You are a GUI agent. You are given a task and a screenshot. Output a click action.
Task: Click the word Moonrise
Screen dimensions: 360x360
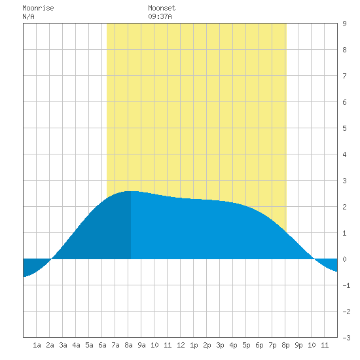[38, 9]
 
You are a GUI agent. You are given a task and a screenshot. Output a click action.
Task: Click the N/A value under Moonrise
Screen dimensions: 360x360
[28, 17]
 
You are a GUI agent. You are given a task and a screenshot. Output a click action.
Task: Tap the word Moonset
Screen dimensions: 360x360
[162, 9]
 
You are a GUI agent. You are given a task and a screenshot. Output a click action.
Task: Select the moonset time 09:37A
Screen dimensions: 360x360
[160, 17]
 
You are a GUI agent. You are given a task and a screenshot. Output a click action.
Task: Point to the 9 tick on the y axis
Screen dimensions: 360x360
[344, 24]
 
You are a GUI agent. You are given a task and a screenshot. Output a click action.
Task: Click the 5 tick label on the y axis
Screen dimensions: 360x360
[344, 128]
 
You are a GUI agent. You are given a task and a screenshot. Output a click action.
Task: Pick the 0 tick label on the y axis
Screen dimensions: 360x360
[344, 259]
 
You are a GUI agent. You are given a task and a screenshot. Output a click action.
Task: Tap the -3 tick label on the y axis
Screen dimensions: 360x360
[346, 338]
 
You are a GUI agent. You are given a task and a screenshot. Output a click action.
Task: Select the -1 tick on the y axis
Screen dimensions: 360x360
[346, 285]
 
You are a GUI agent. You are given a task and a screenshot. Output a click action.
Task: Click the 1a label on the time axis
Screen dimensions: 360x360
[37, 345]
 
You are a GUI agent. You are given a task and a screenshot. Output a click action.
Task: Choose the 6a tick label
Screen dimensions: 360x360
[102, 345]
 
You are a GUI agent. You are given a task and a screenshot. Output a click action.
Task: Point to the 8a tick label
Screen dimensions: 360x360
[128, 345]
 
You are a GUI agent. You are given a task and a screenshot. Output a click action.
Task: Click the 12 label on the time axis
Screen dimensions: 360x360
[181, 345]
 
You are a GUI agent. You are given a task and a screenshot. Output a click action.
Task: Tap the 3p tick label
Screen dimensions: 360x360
[220, 345]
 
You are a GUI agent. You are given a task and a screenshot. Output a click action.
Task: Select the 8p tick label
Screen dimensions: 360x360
[285, 345]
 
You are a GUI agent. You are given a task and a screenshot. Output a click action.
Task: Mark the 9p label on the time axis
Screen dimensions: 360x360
[298, 345]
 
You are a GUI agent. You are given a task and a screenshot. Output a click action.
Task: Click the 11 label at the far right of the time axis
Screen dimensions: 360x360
[325, 345]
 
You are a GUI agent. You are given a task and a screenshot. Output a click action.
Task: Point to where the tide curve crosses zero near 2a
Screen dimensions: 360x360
[51, 259]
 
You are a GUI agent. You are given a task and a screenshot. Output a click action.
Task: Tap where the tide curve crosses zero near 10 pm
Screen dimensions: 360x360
[314, 259]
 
